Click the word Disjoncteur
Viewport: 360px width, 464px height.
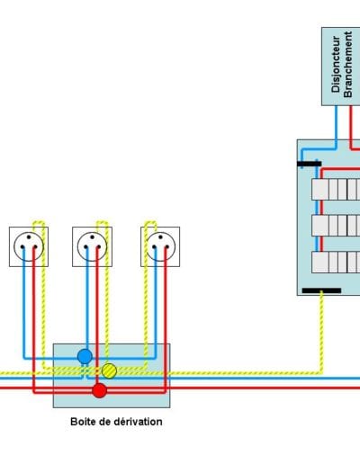[336, 64]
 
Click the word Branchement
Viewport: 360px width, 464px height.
[347, 64]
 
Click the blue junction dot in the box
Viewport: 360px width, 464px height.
[85, 356]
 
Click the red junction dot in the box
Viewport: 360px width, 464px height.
[99, 390]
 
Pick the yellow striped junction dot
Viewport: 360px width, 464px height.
[109, 370]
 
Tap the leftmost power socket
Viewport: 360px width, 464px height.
[29, 246]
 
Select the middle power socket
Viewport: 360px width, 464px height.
[92, 246]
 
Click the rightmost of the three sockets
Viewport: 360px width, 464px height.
[160, 246]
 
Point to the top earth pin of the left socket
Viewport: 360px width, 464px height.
[29, 236]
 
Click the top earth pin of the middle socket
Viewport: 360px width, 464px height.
[92, 236]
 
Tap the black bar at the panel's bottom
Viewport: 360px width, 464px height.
[321, 290]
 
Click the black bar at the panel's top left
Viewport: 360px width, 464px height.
[310, 164]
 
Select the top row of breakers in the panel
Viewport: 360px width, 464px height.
[336, 190]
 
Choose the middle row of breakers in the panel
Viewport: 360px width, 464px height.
[336, 226]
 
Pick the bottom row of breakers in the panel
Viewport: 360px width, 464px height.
[336, 263]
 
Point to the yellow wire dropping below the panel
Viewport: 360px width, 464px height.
[321, 333]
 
